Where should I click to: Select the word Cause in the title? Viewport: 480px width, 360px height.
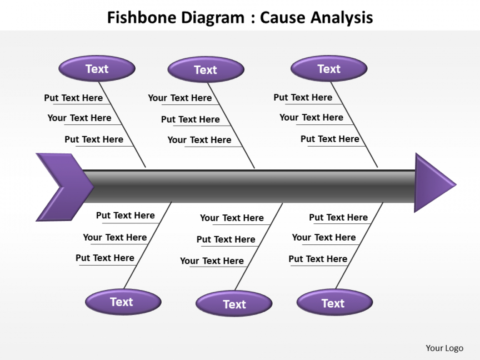tap(283, 18)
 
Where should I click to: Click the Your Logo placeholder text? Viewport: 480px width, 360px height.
tap(444, 348)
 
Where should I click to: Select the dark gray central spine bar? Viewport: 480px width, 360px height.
tap(250, 187)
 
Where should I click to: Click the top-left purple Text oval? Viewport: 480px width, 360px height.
tap(97, 69)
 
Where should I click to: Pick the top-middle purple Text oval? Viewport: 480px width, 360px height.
tap(206, 69)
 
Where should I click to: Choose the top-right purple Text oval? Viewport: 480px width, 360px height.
tap(329, 69)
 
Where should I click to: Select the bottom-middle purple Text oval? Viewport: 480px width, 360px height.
tap(234, 304)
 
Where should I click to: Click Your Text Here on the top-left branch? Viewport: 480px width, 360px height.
tap(79, 118)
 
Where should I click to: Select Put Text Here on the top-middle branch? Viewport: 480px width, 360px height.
tap(191, 119)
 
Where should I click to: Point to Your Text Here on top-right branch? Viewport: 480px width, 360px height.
tap(311, 117)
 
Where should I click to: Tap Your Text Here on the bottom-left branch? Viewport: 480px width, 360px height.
tap(115, 237)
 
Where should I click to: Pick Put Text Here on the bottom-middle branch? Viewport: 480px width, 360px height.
tap(226, 239)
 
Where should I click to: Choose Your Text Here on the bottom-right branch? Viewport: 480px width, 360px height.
tap(324, 237)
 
